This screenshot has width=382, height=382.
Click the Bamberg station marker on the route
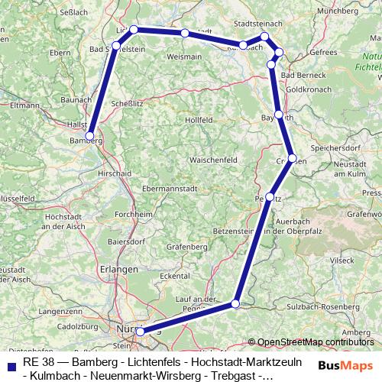(x=90, y=136)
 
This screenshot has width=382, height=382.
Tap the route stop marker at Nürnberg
(x=140, y=331)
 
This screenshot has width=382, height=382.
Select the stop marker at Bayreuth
(x=279, y=115)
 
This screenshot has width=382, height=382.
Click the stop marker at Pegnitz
(x=269, y=197)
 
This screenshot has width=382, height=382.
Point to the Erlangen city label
(x=118, y=269)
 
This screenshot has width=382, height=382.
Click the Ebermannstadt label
(x=170, y=187)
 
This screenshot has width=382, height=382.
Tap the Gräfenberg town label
(x=186, y=247)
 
